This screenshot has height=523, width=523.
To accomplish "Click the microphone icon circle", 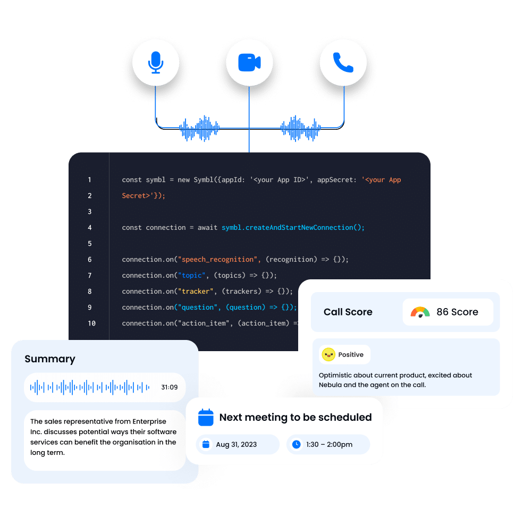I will click(x=155, y=63).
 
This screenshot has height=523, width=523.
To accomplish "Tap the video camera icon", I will click(x=249, y=63).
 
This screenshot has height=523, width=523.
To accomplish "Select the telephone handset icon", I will click(x=343, y=63).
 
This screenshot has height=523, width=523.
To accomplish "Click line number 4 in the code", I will click(x=90, y=228).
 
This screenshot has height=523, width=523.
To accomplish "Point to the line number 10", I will click(x=91, y=323).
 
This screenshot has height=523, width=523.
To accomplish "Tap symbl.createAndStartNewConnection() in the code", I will click(x=293, y=228).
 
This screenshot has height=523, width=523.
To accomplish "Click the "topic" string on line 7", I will click(x=192, y=276).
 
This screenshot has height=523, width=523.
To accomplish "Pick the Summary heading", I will click(x=50, y=359).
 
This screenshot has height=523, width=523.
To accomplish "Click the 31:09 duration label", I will click(x=170, y=387).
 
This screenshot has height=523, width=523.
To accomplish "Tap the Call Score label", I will click(x=348, y=312).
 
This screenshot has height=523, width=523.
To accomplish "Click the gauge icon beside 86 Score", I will click(x=420, y=312).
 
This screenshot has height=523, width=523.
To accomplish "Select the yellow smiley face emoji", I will click(x=328, y=354).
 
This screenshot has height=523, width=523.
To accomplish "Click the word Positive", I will click(x=351, y=355).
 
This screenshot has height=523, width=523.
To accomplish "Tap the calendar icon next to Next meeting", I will click(x=206, y=417).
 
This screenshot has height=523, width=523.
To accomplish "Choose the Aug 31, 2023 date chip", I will click(x=238, y=445).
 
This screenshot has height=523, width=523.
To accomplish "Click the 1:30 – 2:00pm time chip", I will click(x=328, y=445).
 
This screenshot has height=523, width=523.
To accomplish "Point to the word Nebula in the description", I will click(x=332, y=385).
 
